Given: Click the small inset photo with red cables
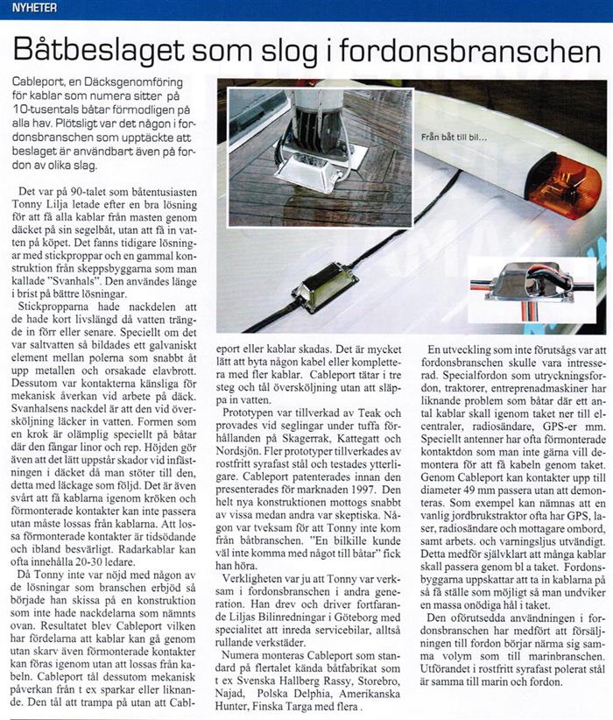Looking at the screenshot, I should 532,284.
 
